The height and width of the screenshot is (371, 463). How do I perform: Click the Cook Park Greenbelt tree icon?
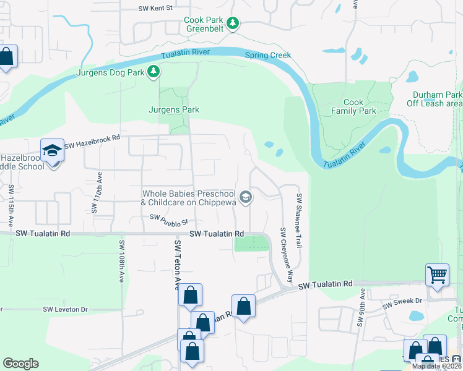(233, 23)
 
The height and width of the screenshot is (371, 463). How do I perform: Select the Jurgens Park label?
(173, 109)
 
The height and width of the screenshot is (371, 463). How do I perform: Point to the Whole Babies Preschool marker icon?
(246, 197)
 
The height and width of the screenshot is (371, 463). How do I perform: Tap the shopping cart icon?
(437, 274)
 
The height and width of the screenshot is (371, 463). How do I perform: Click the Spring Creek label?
(267, 55)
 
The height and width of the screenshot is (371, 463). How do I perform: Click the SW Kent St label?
(154, 9)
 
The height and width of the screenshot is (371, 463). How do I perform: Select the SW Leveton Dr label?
(66, 309)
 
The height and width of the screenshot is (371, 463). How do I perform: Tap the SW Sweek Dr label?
(402, 302)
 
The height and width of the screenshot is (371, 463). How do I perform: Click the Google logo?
(20, 363)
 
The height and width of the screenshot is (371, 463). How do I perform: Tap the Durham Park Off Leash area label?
(437, 100)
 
